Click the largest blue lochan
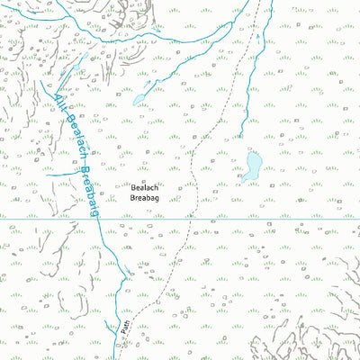[x=251, y=166]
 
